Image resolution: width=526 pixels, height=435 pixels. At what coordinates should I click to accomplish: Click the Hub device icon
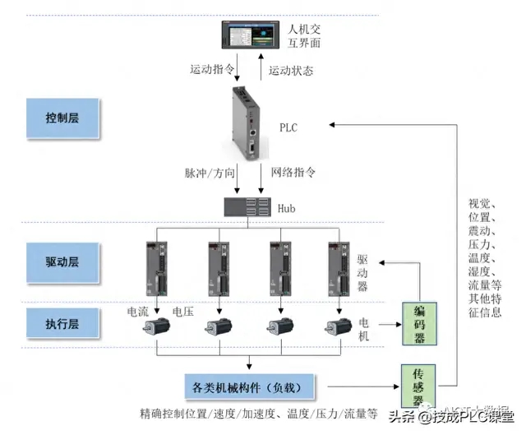(x=247, y=207)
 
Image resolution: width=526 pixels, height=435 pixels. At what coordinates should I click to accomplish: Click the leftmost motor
(x=156, y=324)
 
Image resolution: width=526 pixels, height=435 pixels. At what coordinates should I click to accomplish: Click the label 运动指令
(x=212, y=70)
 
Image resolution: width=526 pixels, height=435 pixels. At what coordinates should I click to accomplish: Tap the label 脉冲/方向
(x=209, y=174)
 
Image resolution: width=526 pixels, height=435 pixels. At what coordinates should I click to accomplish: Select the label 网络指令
(x=293, y=174)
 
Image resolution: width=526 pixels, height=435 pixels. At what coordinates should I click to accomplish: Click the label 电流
(x=137, y=312)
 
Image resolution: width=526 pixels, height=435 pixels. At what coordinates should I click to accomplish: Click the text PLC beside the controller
(x=288, y=128)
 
